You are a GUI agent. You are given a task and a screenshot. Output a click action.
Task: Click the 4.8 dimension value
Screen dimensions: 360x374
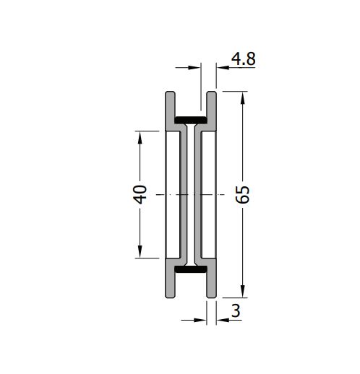[x=243, y=59]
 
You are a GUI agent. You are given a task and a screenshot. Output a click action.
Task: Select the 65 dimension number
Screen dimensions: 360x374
[x=242, y=194]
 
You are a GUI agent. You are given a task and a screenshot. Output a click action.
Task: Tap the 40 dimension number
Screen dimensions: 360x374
[x=140, y=194]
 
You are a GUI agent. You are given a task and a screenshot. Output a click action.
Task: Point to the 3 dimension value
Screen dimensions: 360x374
[x=236, y=310]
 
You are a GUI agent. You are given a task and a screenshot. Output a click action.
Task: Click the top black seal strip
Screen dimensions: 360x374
[x=191, y=120]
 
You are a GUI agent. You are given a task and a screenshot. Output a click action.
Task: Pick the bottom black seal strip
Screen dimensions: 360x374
[x=191, y=269]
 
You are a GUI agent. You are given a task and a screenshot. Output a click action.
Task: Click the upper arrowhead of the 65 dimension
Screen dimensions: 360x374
[x=243, y=98]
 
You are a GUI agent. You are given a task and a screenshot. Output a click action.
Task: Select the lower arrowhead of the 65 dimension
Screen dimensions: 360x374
[x=243, y=291]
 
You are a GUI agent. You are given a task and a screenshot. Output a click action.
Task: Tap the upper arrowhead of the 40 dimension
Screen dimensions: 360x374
[x=140, y=137]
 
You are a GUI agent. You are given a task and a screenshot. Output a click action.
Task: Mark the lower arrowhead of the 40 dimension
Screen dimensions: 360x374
[x=140, y=252]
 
